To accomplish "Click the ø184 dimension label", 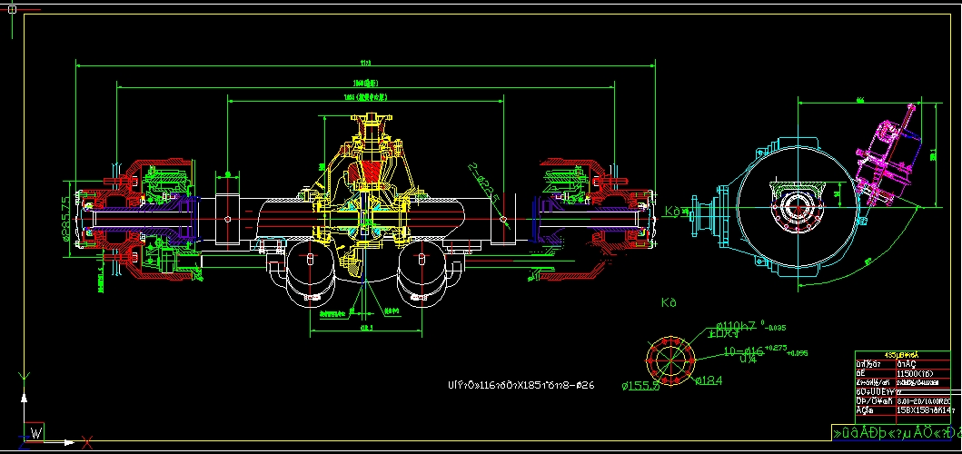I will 709,380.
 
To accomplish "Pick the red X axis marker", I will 87,442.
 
